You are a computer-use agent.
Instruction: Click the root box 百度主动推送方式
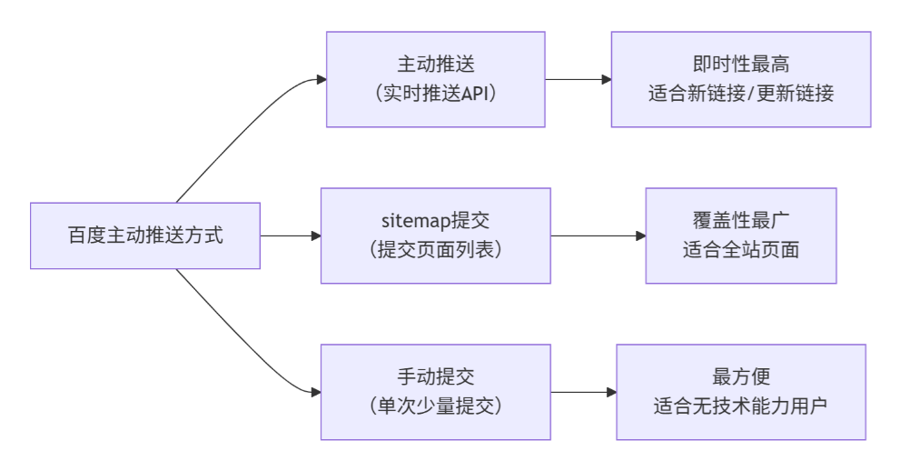pos(145,235)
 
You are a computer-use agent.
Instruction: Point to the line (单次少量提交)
pos(435,405)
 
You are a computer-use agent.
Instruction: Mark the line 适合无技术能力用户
pos(740,405)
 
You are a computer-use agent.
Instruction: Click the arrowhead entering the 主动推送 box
pos(321,79)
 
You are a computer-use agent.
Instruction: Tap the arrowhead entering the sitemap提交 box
pos(316,235)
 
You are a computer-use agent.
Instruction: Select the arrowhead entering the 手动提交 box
pos(316,392)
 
